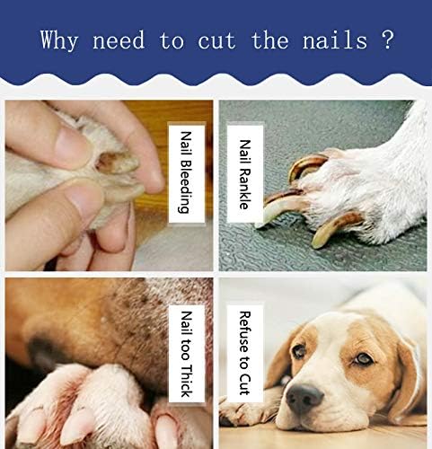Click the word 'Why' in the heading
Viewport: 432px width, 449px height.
pos(60,41)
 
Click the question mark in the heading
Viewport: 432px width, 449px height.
pos(387,41)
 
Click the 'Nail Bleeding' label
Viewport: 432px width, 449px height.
pos(184,171)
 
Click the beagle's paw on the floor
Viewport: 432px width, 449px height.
pos(242,413)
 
